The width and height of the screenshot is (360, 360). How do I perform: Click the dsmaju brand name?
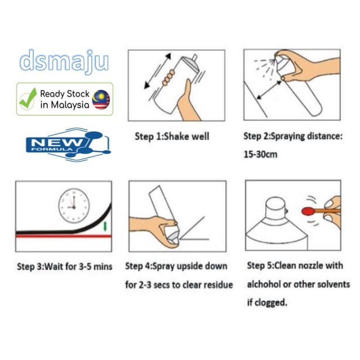click(64, 61)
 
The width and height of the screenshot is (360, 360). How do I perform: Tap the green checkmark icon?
click(28, 99)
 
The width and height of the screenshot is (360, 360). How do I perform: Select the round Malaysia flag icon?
click(101, 100)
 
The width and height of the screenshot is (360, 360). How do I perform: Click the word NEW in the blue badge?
click(57, 143)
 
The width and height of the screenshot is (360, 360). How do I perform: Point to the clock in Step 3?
click(74, 205)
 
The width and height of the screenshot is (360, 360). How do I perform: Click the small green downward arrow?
click(105, 226)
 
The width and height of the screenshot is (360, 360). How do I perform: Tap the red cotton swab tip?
click(307, 211)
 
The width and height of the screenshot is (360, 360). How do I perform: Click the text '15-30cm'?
click(260, 155)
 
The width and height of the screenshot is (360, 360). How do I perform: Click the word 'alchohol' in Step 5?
click(264, 284)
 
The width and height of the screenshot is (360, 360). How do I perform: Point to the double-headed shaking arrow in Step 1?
click(157, 71)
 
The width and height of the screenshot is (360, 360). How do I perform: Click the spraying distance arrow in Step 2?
click(269, 90)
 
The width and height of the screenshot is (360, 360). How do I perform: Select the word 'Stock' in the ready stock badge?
click(78, 94)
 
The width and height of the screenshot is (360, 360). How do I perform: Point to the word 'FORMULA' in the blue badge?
click(52, 149)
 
